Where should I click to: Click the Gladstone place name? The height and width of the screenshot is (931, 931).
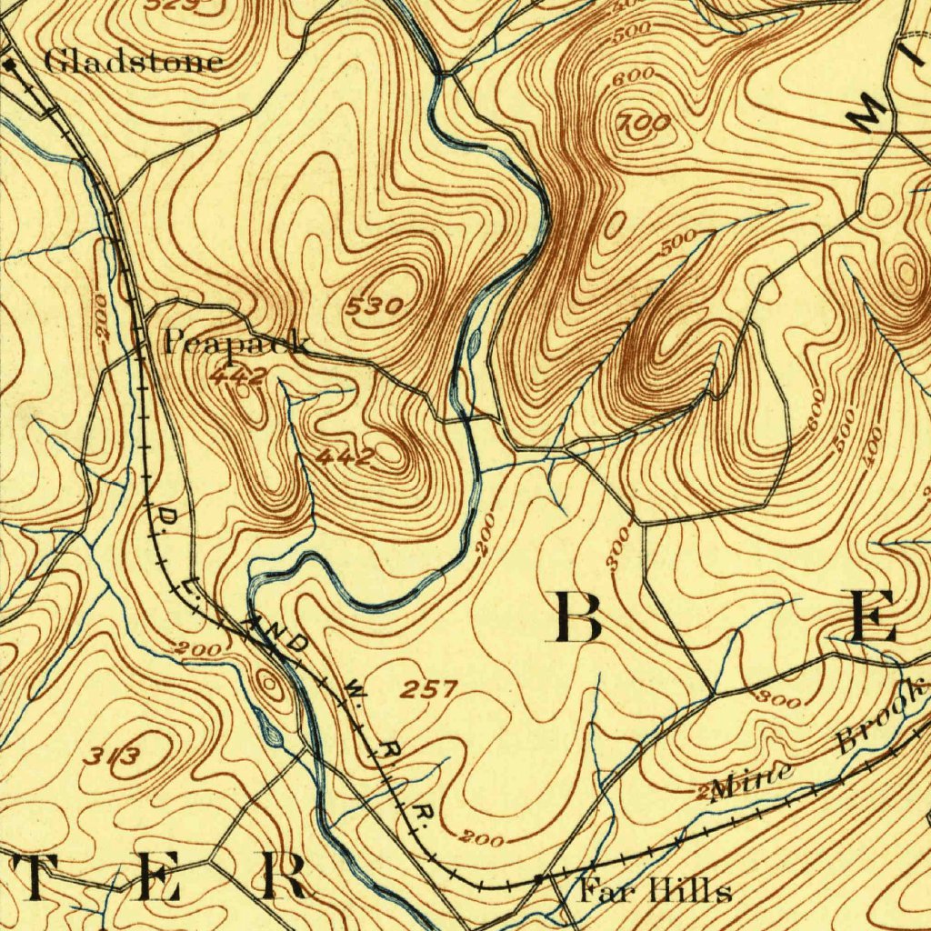click(133, 62)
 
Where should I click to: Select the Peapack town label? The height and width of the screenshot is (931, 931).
click(235, 344)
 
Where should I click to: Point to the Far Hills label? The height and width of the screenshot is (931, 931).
click(655, 890)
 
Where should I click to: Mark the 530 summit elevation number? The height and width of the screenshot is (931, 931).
click(374, 307)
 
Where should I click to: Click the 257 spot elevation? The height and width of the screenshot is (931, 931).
click(427, 689)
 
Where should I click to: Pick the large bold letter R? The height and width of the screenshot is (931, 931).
click(282, 876)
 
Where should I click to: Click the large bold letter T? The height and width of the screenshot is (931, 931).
click(36, 876)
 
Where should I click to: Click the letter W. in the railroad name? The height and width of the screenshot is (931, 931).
click(353, 692)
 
